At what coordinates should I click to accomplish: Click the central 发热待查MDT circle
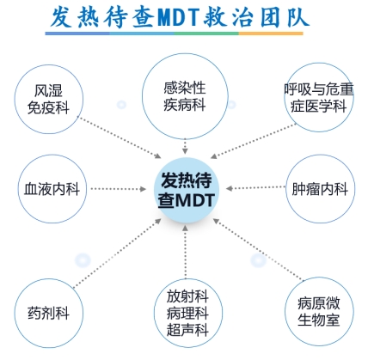click(x=187, y=190)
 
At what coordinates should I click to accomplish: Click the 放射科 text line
click(x=187, y=296)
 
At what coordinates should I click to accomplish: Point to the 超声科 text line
click(x=187, y=329)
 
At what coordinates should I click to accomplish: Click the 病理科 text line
click(x=187, y=313)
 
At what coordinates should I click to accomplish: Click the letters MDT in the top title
click(x=178, y=16)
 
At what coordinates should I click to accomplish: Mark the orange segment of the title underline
click(x=271, y=34)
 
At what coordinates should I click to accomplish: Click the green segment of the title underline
click(x=206, y=34)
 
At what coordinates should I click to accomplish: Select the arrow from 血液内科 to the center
click(x=119, y=189)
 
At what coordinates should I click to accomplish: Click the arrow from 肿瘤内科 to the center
click(x=255, y=188)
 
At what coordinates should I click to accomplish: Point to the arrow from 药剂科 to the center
click(x=117, y=253)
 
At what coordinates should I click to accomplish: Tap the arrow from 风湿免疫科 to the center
click(x=120, y=137)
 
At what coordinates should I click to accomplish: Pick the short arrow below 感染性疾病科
click(x=185, y=147)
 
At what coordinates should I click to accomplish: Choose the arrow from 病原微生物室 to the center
click(x=258, y=249)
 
